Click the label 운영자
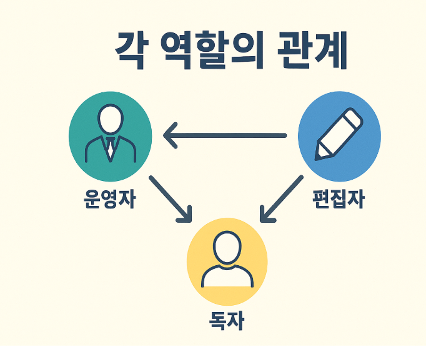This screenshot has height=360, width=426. click(x=109, y=199)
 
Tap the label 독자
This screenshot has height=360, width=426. click(x=226, y=321)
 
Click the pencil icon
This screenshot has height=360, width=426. click(x=339, y=134)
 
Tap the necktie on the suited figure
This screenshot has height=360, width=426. click(x=110, y=150)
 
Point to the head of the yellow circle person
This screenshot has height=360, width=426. click(x=225, y=247)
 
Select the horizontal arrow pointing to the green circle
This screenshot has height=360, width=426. click(x=225, y=135)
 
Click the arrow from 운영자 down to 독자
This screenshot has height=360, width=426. click(x=170, y=198)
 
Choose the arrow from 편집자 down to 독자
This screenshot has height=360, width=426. click(x=280, y=198)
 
